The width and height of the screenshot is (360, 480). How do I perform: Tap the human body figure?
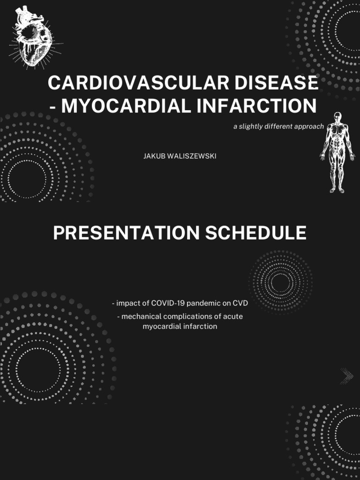tap(337, 152)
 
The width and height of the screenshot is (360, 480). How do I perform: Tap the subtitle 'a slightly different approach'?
tap(278, 127)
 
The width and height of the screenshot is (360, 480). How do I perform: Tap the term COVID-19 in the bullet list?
tap(168, 303)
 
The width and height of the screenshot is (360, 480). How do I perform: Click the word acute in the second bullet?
tap(233, 316)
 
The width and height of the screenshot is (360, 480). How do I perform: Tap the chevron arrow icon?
tap(347, 375)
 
